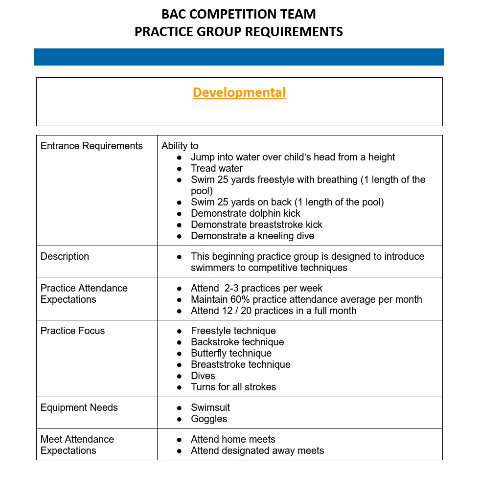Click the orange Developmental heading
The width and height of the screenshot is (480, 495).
tap(239, 92)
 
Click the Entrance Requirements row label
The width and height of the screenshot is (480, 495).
tap(91, 146)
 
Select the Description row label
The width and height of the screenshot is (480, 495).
tap(65, 256)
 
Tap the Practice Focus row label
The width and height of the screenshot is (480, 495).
tap(72, 331)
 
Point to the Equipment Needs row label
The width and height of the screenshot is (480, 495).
tap(79, 407)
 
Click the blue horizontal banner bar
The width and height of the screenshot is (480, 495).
tap(239, 57)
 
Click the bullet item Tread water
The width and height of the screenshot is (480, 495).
tap(216, 168)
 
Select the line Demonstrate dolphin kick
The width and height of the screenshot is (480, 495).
tap(245, 213)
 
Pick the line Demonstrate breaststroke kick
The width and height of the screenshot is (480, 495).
tap(256, 225)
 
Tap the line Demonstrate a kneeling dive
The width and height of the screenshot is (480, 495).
tap(252, 236)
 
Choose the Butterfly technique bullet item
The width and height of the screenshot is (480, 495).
tap(231, 353)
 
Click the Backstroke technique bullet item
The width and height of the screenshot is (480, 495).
tap(237, 342)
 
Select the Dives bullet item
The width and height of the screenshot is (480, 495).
tap(203, 376)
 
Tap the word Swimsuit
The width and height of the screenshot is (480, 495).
tap(210, 407)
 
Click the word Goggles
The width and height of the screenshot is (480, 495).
tap(209, 419)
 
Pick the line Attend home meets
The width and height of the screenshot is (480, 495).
tap(233, 439)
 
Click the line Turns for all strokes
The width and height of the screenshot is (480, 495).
tap(233, 387)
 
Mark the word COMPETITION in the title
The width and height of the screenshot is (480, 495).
tap(237, 14)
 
